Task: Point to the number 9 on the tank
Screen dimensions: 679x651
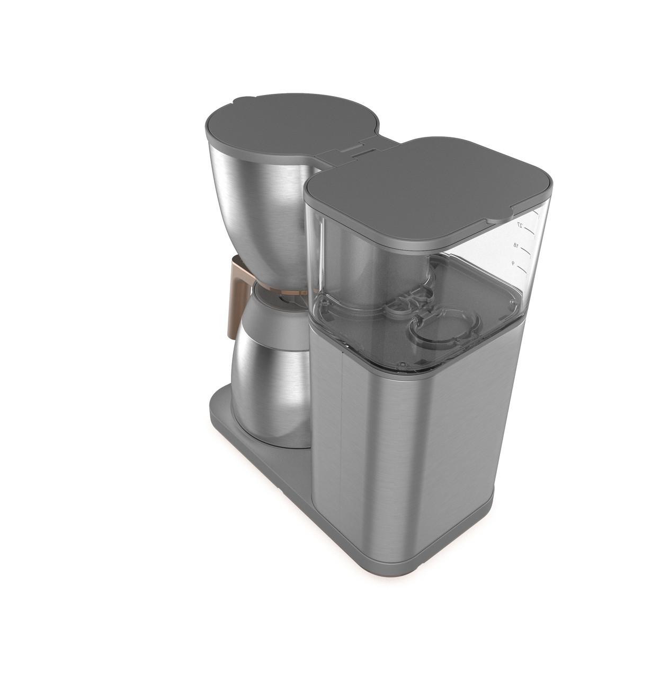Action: pos(513,263)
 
